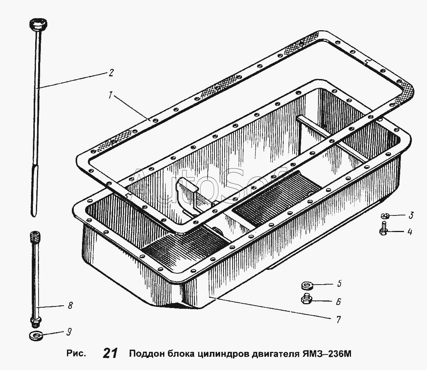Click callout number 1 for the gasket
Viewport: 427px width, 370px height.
110,95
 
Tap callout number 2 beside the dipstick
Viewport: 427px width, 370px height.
111,73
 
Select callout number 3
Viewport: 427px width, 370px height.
411,215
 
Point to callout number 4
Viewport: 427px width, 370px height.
410,232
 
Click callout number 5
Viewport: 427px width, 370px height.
339,284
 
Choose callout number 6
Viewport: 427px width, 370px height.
338,302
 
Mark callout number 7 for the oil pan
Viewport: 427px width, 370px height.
338,320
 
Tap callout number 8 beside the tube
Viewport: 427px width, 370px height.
70,305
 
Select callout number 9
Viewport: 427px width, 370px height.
69,332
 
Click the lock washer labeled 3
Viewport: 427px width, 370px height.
385,216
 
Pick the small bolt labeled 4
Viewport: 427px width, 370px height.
384,228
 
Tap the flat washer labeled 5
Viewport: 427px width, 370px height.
307,286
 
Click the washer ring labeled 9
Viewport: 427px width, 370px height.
36,336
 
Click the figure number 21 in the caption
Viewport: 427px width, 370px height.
110,353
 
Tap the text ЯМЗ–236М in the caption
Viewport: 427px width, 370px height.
327,354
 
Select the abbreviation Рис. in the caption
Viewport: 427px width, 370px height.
76,354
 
